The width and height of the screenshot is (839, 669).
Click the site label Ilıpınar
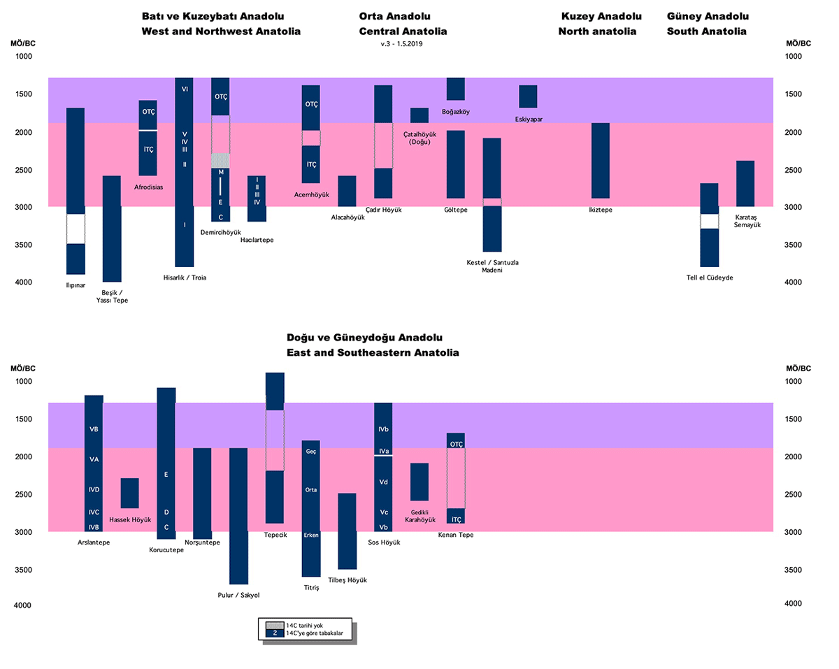point(76,285)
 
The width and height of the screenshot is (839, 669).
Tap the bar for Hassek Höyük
point(130,493)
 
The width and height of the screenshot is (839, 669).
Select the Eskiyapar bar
point(528,96)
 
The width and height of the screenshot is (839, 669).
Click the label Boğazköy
point(455,111)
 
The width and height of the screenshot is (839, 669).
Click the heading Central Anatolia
point(403,31)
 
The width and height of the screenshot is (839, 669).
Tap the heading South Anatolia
point(706,31)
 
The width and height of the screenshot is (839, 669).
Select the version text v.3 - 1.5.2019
point(402,43)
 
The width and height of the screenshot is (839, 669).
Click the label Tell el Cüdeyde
point(709,278)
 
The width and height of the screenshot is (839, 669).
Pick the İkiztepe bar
point(601,161)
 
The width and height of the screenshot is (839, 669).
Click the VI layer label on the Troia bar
point(185,89)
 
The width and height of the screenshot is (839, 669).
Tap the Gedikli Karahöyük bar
point(419,482)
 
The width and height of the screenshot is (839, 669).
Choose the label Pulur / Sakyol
point(238,595)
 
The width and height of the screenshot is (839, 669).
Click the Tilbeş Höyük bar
point(347,531)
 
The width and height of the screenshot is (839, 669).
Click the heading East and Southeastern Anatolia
point(373,353)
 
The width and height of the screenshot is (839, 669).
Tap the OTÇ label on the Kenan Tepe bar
point(457,444)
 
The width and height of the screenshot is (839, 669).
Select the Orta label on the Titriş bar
point(311,489)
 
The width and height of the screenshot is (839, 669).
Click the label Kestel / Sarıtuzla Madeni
point(492,266)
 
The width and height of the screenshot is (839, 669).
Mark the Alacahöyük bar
point(347,191)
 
